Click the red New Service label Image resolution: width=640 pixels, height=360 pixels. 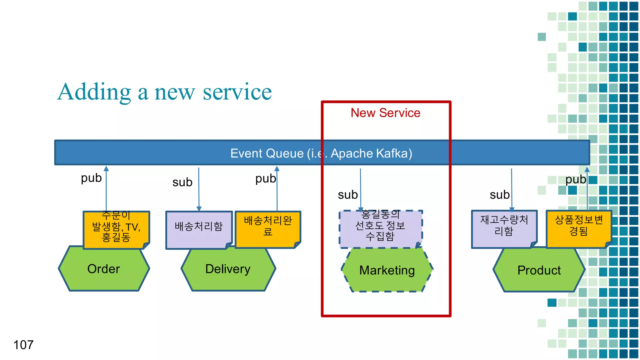click(385, 113)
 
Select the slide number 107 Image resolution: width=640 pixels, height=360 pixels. click(23, 345)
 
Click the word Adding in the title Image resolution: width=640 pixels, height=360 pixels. click(94, 92)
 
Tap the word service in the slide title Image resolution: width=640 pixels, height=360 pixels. click(237, 92)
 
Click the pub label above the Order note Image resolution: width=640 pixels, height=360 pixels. click(91, 178)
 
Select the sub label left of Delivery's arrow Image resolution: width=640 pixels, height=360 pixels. click(182, 182)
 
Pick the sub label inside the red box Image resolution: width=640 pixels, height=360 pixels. click(347, 195)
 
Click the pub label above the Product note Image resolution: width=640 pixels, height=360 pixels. click(576, 179)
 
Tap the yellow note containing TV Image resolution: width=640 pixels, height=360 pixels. click(116, 230)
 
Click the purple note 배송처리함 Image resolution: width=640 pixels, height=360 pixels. click(199, 230)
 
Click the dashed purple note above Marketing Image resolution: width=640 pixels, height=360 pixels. click(380, 229)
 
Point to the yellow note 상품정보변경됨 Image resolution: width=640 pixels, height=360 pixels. click(578, 229)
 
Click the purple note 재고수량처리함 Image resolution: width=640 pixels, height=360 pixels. click(504, 229)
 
